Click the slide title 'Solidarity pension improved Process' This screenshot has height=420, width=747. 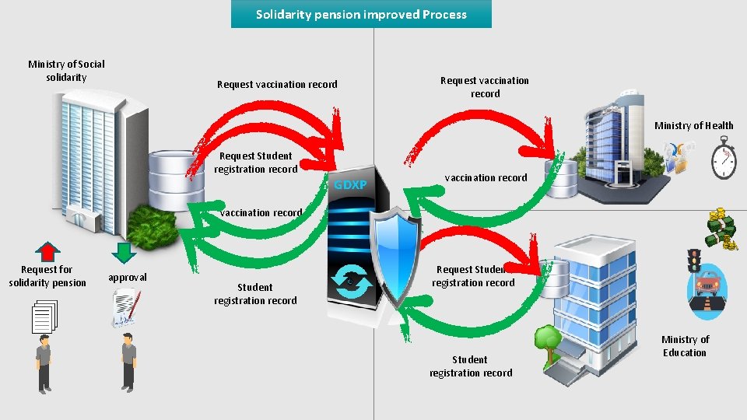pyautogui.click(x=361, y=14)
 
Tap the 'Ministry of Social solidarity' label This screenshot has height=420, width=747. pyautogui.click(x=66, y=71)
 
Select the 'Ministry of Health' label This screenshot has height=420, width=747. pyautogui.click(x=693, y=126)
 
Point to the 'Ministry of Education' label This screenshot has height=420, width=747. pyautogui.click(x=685, y=346)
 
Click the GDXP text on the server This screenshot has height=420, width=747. pyautogui.click(x=349, y=185)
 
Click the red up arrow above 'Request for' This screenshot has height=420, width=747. pyautogui.click(x=48, y=251)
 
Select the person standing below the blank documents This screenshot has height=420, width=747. pyautogui.click(x=44, y=362)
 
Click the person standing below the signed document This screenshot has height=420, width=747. pyautogui.click(x=128, y=361)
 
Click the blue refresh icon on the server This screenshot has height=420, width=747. pyautogui.click(x=352, y=281)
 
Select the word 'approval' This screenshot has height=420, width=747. pyautogui.click(x=128, y=278)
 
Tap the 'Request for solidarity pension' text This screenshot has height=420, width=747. pyautogui.click(x=47, y=276)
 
